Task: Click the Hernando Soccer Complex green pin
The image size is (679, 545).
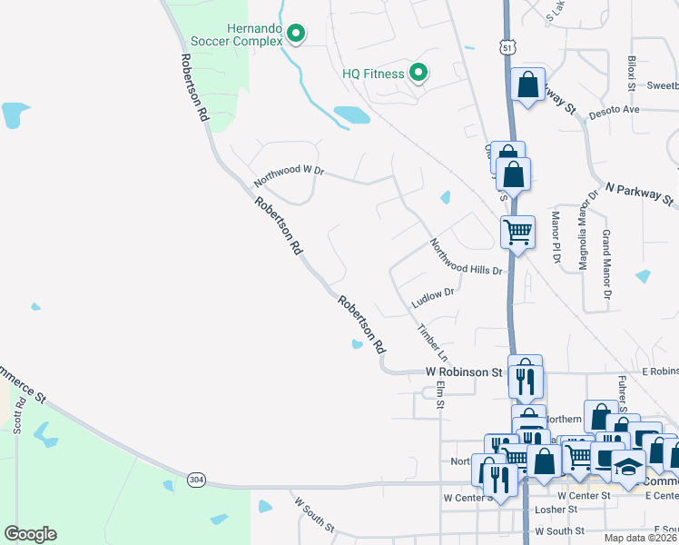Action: click(295, 35)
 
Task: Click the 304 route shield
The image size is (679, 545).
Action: click(196, 479)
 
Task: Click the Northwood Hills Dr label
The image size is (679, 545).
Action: click(467, 257)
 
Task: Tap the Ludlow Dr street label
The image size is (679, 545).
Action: click(432, 298)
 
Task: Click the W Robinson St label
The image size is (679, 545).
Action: click(464, 372)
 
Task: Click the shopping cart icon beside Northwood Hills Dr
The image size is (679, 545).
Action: click(517, 232)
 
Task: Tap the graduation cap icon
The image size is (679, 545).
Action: click(627, 465)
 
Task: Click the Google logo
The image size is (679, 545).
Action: click(30, 534)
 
